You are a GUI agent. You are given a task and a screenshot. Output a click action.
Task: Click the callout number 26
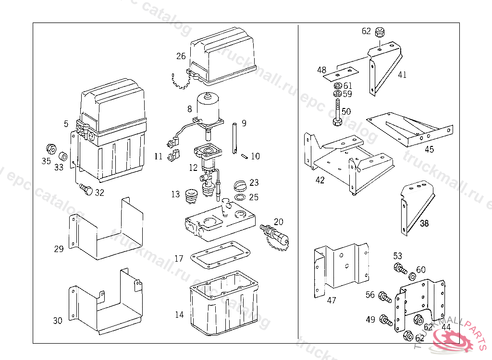181,56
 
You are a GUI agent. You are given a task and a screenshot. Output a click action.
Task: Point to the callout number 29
59,249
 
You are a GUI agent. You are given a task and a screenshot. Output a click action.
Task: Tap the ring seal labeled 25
241,197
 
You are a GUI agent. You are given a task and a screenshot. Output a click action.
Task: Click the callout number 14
179,315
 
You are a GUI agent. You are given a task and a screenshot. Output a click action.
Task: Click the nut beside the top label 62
381,33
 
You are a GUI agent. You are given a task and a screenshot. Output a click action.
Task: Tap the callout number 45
429,149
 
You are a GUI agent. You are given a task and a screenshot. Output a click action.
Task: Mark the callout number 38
424,223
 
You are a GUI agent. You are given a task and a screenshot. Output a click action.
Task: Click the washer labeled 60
412,276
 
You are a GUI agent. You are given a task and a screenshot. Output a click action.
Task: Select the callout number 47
332,300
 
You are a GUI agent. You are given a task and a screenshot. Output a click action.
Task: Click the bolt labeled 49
386,320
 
